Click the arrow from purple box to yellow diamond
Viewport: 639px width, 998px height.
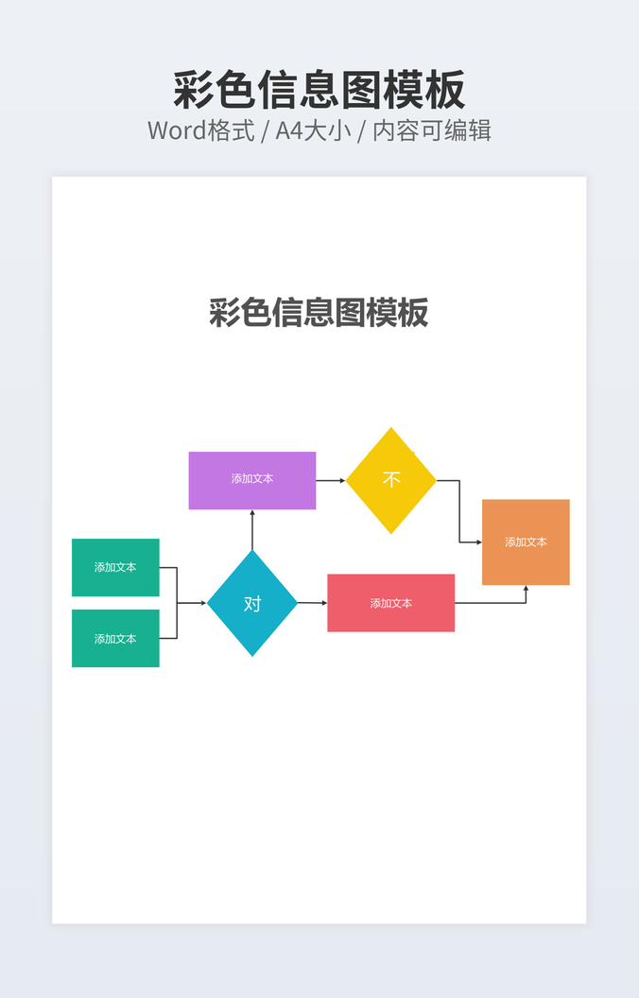pos(330,480)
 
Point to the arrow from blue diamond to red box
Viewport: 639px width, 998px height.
pos(312,603)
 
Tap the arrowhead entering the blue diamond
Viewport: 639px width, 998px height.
pos(202,603)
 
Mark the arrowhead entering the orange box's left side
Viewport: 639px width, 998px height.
pos(478,542)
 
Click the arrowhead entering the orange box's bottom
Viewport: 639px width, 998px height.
pos(526,589)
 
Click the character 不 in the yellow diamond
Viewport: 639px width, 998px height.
pos(391,479)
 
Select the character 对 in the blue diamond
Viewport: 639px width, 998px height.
pos(252,603)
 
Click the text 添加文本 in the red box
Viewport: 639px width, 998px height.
pos(390,603)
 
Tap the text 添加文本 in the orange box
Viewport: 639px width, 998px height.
pos(526,542)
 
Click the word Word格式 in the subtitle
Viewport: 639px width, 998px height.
pos(201,130)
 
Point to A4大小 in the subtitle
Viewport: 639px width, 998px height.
pos(313,130)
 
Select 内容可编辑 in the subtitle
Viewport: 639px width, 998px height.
pos(431,130)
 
